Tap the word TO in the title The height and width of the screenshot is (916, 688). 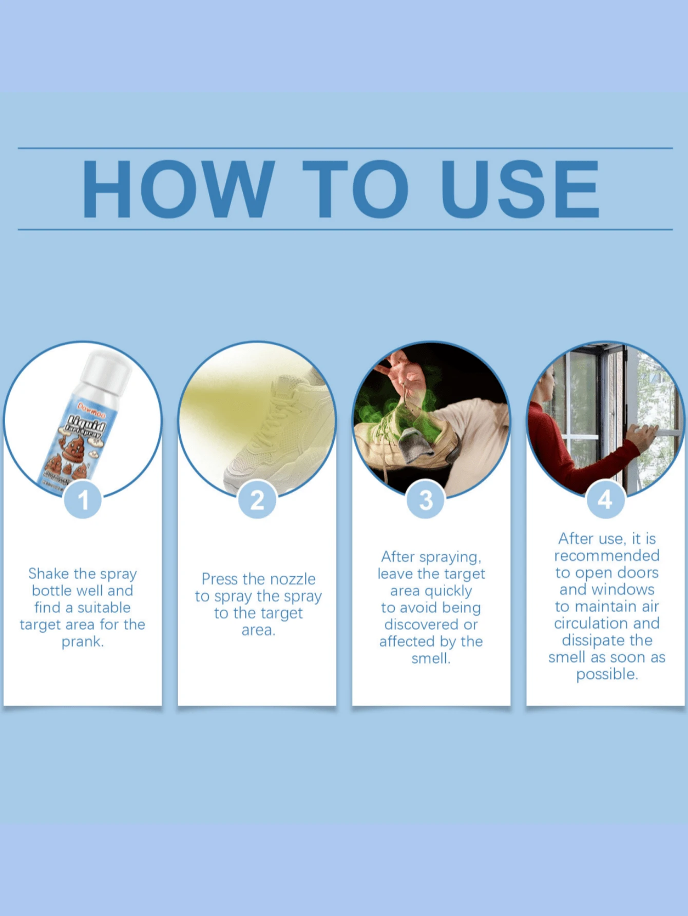coord(355,188)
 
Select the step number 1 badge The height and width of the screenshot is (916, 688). coord(83,499)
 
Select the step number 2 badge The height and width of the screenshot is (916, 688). coord(257,499)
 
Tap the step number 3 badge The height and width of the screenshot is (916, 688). coord(426,499)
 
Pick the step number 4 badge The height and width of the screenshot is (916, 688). coord(605,499)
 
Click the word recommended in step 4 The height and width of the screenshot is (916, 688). coord(606,555)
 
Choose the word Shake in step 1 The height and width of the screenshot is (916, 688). coord(48,573)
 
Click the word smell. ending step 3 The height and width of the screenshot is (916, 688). coord(430,658)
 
